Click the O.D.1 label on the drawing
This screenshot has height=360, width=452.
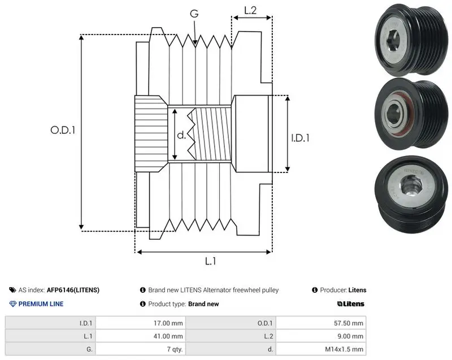(63, 131)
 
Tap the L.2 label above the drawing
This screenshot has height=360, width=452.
(250, 10)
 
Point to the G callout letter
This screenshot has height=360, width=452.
(194, 14)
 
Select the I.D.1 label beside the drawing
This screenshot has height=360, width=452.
(300, 138)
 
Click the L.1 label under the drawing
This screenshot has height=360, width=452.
(210, 261)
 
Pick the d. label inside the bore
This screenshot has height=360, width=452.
(181, 135)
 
